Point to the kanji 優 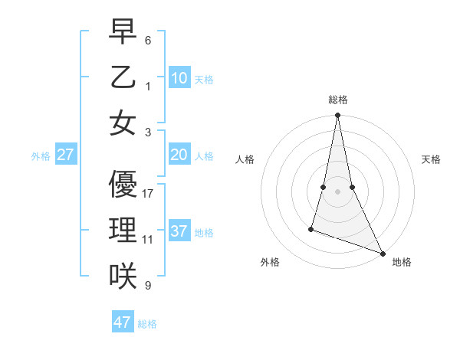click(123, 184)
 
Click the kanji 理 click(123, 230)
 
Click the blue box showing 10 click(179, 77)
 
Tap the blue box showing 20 click(179, 155)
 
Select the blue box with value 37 click(179, 231)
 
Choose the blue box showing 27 click(65, 155)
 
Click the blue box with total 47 click(123, 322)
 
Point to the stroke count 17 click(148, 194)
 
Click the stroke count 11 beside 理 click(148, 240)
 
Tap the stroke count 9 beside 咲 click(148, 286)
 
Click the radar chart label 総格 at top click(338, 100)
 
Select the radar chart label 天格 click(432, 159)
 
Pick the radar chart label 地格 click(402, 262)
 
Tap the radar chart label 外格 click(269, 262)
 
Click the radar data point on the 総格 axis click(337, 116)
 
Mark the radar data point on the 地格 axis click(382, 252)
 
